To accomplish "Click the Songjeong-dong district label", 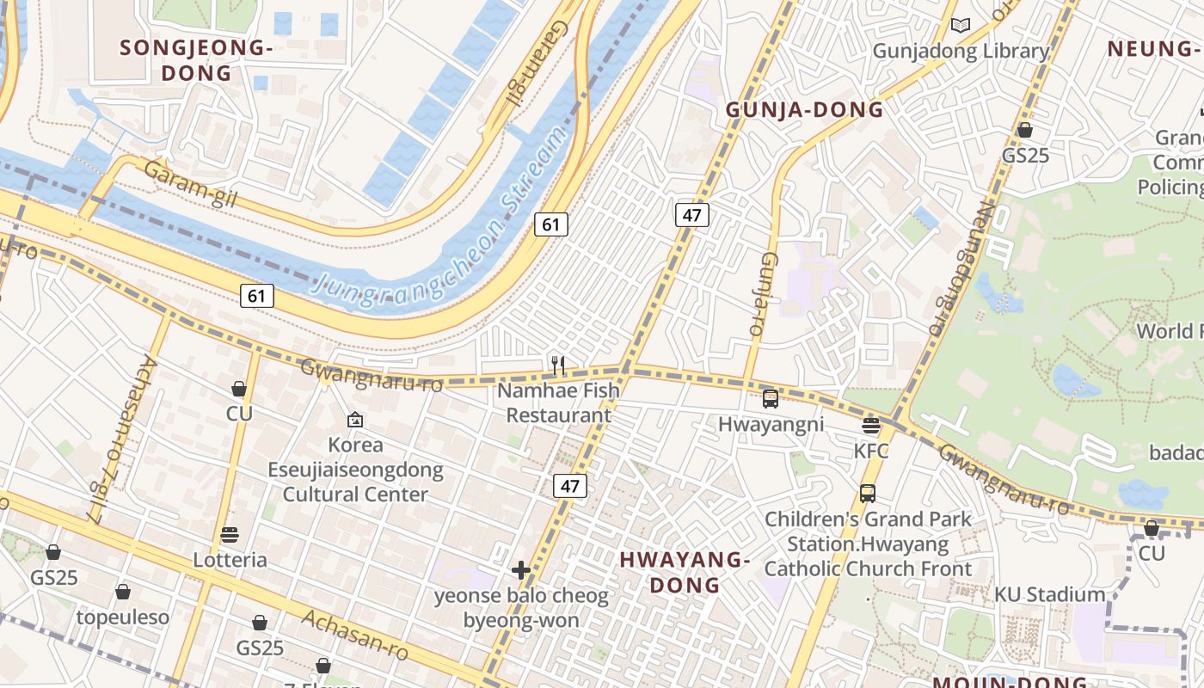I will tap(197, 60).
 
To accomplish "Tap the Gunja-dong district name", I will tap(804, 109).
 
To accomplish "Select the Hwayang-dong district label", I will tap(685, 572).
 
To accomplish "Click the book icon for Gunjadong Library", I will tap(961, 26).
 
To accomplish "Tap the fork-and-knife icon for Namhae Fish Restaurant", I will tap(558, 365).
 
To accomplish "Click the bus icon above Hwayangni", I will tap(771, 399).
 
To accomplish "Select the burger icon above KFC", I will tap(871, 425).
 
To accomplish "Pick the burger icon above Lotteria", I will tap(230, 534).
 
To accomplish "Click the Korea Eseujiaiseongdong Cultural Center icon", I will tap(355, 420).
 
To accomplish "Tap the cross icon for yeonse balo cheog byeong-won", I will tap(520, 570).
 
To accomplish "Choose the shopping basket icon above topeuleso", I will tap(123, 592).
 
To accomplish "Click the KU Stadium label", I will tap(1049, 594).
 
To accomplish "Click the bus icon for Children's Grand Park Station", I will tap(868, 494).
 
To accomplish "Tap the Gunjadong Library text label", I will tap(961, 51).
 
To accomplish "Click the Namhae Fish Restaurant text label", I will tap(558, 402).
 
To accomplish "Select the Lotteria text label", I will tap(230, 560).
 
